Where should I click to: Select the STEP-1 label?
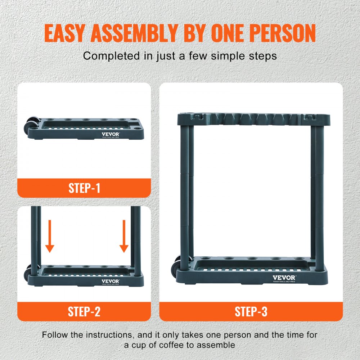pos(84,188)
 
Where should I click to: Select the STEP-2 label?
pos(84,311)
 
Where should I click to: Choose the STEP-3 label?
pos(251,311)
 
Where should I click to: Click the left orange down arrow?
pos(50,236)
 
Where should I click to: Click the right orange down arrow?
pos(124,236)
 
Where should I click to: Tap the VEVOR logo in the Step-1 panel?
pos(111,134)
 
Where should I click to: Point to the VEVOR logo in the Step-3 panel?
pos(284,278)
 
